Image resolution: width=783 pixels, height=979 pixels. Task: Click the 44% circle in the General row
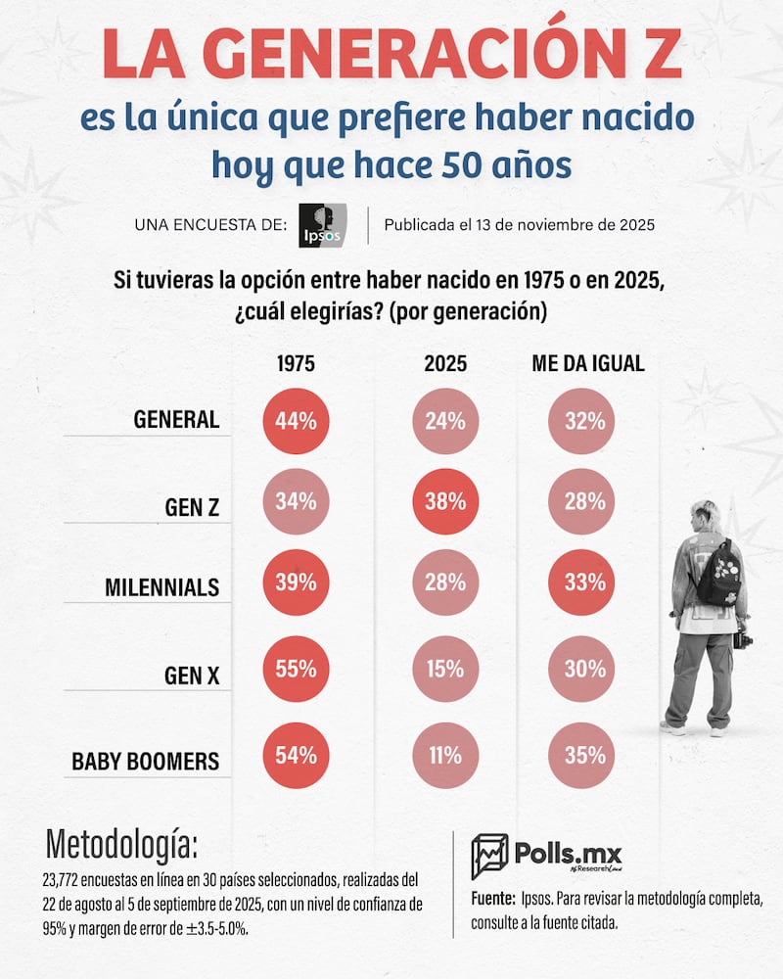click(x=296, y=422)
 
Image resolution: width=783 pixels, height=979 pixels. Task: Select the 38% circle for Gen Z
click(x=445, y=502)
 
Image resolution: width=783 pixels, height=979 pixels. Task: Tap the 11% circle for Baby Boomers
click(x=445, y=756)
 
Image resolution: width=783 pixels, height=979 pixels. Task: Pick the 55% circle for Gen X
click(x=296, y=671)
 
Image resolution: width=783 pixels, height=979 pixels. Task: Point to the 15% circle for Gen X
click(x=445, y=671)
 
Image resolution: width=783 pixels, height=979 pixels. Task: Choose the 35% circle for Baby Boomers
click(x=584, y=756)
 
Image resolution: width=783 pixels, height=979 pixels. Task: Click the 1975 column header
click(x=296, y=363)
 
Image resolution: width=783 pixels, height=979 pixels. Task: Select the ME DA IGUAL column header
click(x=587, y=363)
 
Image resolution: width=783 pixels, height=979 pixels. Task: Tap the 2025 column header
click(x=445, y=363)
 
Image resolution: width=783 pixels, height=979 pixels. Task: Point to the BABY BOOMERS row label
click(x=146, y=761)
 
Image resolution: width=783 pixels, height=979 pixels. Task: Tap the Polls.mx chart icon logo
click(x=489, y=857)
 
